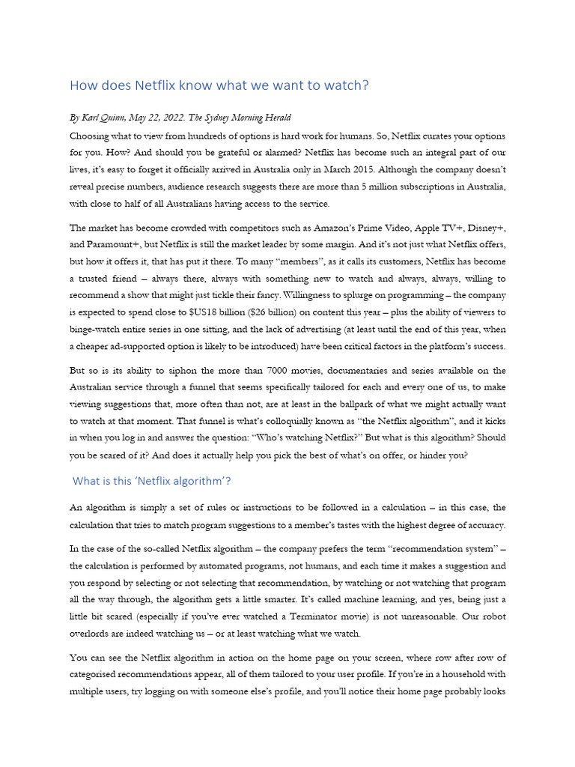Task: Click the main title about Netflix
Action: (219, 85)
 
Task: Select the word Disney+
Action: (486, 228)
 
